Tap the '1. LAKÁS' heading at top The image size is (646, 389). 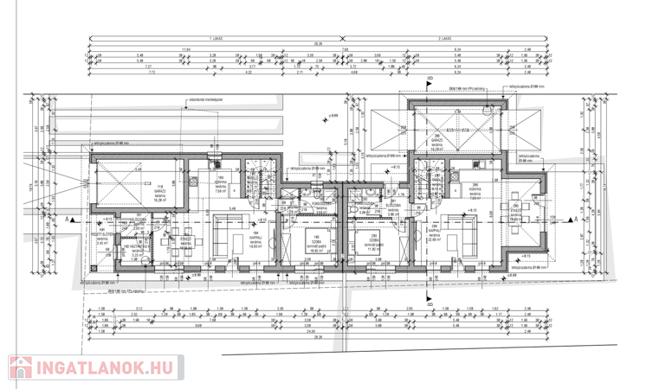(213, 38)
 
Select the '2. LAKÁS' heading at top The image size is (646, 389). (444, 38)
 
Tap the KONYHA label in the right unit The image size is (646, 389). (474, 192)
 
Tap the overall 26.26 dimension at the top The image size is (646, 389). (318, 44)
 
